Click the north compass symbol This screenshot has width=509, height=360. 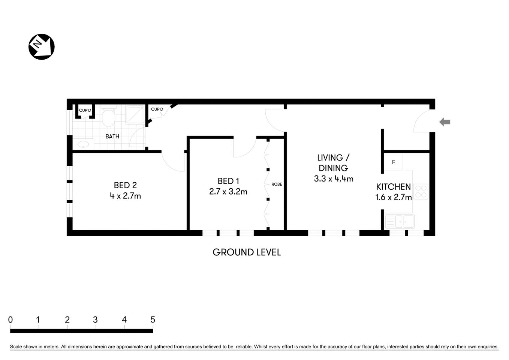point(42,47)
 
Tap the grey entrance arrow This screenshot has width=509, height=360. point(445,122)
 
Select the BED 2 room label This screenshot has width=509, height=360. point(125,185)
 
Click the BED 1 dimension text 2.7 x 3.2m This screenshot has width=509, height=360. point(228,192)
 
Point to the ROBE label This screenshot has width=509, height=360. point(277,184)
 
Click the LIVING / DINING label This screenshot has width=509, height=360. point(333,163)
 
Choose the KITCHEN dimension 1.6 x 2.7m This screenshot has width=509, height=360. point(393,197)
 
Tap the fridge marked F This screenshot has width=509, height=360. point(393,162)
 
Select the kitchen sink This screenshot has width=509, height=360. point(400,221)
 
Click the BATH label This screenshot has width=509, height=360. point(112,136)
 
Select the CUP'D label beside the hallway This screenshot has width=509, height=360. point(157,109)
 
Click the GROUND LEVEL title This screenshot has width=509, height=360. point(246,252)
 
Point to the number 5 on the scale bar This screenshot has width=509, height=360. point(153,320)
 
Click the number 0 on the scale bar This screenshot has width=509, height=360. point(10,320)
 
